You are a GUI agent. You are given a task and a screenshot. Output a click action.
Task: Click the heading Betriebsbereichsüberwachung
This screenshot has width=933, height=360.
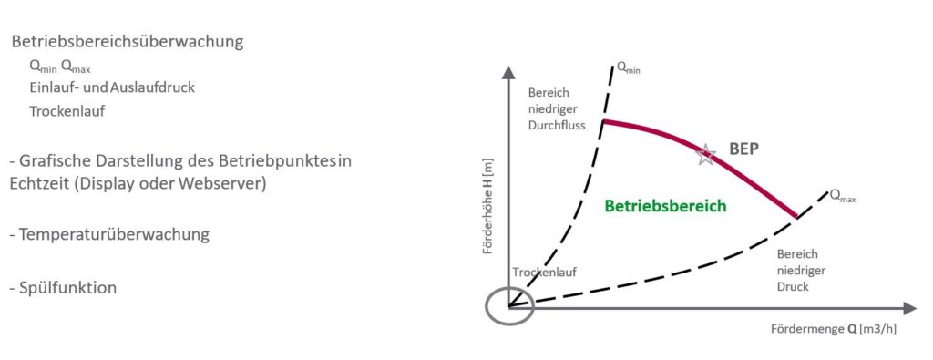tap(128, 43)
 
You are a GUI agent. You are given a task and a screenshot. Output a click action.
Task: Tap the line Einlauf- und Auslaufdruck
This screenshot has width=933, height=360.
tap(112, 87)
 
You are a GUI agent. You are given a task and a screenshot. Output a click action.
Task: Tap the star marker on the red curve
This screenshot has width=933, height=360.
tap(705, 155)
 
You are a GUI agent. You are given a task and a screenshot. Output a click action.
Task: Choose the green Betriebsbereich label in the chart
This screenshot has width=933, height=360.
tap(665, 206)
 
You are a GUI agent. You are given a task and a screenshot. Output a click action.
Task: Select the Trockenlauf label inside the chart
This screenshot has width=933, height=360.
tap(545, 273)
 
